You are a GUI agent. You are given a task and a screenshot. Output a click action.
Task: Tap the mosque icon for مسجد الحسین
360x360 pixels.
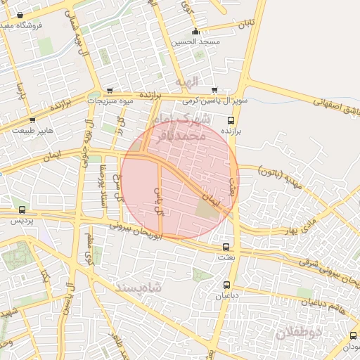point(195,32)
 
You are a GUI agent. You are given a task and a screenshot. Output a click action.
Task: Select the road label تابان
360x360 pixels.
point(244,25)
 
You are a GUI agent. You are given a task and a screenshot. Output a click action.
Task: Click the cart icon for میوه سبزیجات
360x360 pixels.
point(110,91)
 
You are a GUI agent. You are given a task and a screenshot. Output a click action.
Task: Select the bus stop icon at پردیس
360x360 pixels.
point(22,210)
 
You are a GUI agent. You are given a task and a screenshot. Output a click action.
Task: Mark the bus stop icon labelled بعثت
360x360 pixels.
point(226,247)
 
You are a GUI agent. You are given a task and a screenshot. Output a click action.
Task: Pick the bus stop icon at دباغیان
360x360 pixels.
point(226,285)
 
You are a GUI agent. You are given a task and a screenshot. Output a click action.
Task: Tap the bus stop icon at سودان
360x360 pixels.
point(353,336)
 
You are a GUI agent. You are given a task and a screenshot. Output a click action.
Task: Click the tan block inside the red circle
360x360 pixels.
point(206,209)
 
